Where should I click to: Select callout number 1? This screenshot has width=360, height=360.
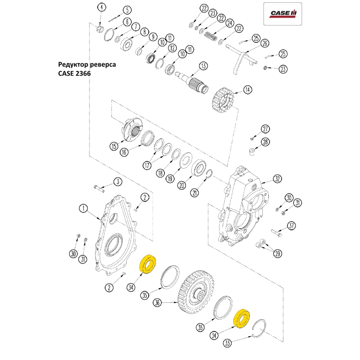click(83, 208)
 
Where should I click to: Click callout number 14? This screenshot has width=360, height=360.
click(247, 90)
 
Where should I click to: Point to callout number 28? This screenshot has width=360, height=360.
click(265, 142)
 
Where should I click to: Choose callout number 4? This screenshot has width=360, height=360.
click(102, 7)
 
